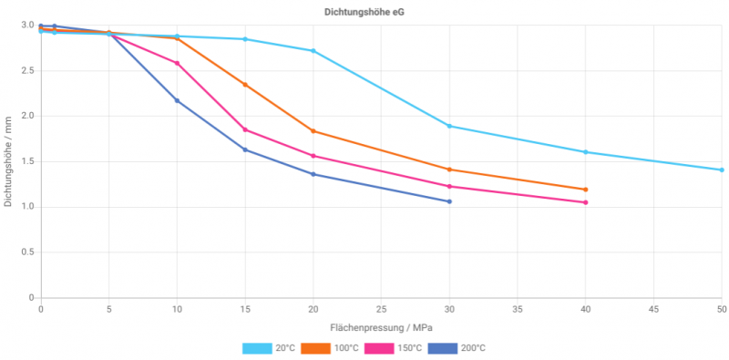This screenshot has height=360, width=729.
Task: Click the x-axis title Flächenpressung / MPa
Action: (381, 326)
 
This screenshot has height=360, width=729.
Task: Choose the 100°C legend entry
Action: (334, 348)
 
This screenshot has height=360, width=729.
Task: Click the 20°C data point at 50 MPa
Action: (722, 170)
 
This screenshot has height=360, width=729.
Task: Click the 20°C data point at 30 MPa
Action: (449, 126)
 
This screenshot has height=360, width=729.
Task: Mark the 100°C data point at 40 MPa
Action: (585, 190)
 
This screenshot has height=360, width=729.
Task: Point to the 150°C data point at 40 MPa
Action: (585, 202)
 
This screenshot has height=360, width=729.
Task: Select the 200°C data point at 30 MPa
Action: (449, 201)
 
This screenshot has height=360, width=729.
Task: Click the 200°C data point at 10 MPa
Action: (177, 100)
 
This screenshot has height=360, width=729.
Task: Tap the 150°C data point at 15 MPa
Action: (245, 129)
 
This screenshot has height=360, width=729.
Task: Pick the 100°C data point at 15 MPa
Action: (245, 85)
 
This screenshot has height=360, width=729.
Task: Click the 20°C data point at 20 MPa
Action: (313, 51)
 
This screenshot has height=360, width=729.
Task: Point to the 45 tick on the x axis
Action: (653, 310)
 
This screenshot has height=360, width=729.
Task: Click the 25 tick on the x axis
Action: (381, 310)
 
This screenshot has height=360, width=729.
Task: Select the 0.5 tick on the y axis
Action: (28, 252)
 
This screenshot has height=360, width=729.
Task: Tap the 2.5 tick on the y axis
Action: (28, 70)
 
